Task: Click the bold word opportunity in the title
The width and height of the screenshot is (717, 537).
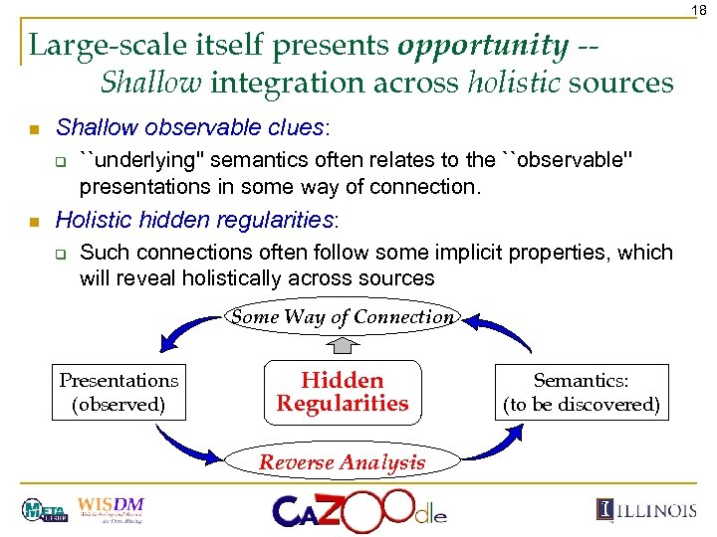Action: pyautogui.click(x=483, y=45)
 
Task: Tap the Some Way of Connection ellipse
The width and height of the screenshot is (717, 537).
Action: pyautogui.click(x=343, y=317)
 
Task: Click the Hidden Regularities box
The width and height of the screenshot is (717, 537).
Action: pyautogui.click(x=343, y=392)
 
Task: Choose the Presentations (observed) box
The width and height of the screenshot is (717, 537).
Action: pyautogui.click(x=119, y=392)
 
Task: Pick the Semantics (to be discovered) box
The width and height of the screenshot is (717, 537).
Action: pyautogui.click(x=581, y=392)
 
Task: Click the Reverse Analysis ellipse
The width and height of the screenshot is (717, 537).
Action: pyautogui.click(x=343, y=461)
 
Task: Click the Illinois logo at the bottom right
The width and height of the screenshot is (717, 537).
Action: pyautogui.click(x=646, y=510)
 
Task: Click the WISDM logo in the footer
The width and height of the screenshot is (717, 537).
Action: pyautogui.click(x=110, y=509)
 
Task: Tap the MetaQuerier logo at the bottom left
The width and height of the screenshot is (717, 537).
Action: pyautogui.click(x=44, y=510)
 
